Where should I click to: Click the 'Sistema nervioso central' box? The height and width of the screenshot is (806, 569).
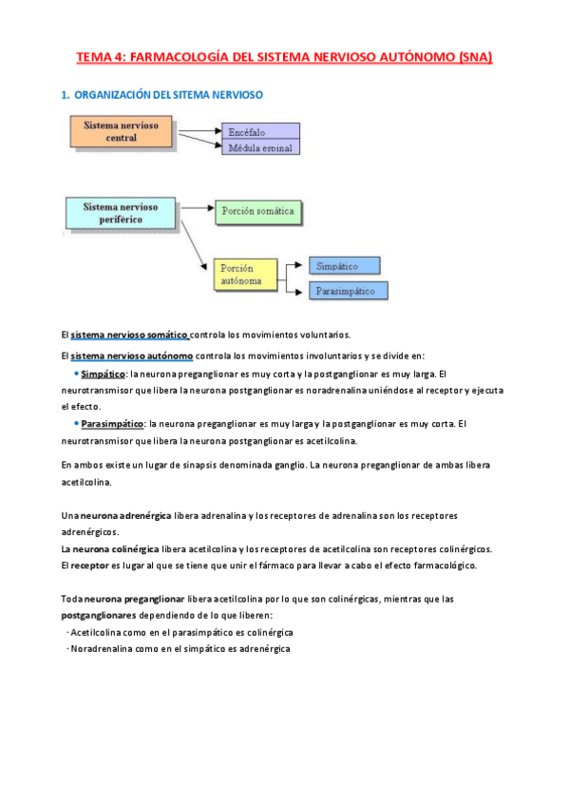pyautogui.click(x=123, y=132)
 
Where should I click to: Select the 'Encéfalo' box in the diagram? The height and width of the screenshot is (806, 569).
pyautogui.click(x=259, y=131)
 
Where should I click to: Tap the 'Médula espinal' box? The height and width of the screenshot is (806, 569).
pyautogui.click(x=259, y=147)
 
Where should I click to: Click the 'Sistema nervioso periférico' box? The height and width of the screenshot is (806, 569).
pyautogui.click(x=121, y=213)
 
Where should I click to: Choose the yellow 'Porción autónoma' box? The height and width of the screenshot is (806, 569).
pyautogui.click(x=244, y=274)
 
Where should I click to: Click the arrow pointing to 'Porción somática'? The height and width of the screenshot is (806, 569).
pyautogui.click(x=194, y=207)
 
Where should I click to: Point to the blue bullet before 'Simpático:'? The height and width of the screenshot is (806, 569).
pyautogui.click(x=75, y=374)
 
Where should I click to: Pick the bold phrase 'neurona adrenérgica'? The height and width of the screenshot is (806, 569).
pyautogui.click(x=123, y=515)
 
